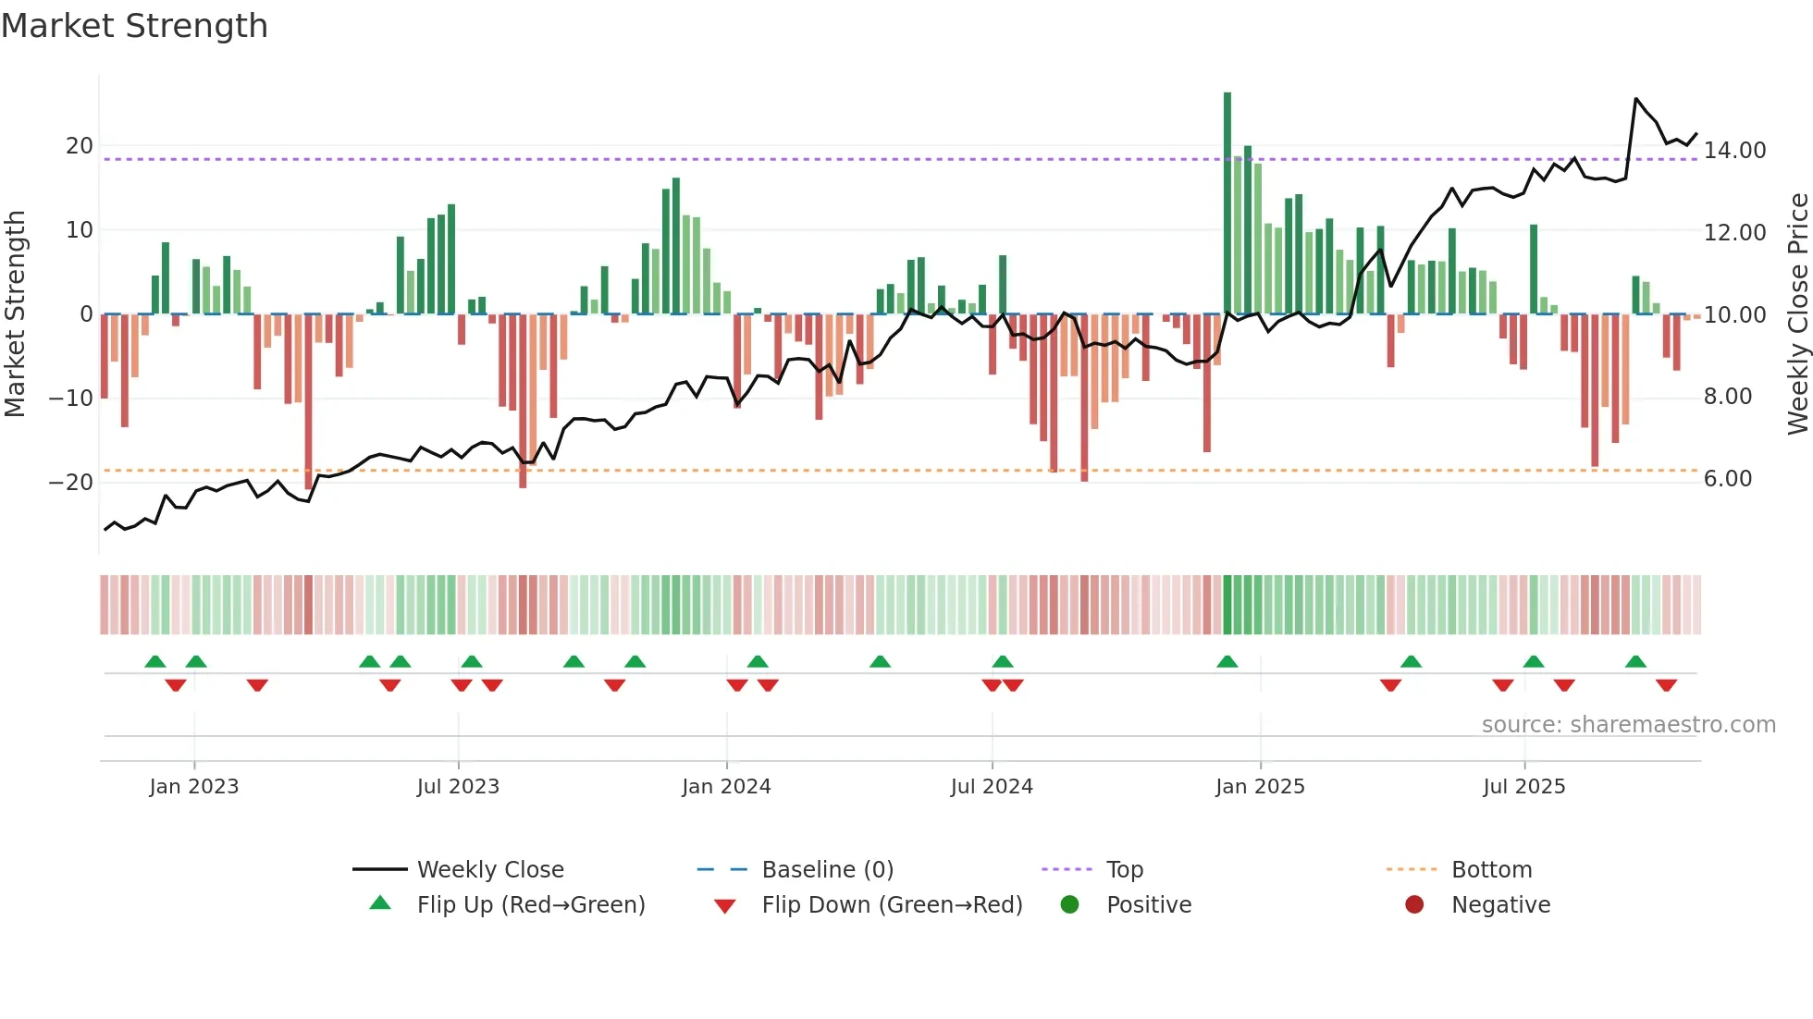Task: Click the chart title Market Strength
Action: (134, 26)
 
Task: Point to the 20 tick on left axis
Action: (80, 146)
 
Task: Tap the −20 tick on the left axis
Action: (71, 482)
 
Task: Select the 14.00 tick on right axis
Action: (1734, 150)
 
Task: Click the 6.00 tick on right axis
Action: (1727, 478)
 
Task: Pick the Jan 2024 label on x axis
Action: (726, 787)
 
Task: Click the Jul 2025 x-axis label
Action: (1523, 787)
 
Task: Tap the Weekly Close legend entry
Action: (489, 870)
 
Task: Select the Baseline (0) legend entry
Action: (827, 870)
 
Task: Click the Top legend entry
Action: (1125, 870)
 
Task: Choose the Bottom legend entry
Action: (1491, 870)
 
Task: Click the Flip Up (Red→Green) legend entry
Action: (530, 905)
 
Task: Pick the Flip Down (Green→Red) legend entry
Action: (892, 905)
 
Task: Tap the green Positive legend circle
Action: (1070, 904)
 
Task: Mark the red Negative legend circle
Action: (1414, 904)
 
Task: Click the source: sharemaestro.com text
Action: (1628, 725)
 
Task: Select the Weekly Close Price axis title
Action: (1797, 314)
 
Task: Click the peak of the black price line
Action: (1636, 98)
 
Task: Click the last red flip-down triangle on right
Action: (1667, 685)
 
